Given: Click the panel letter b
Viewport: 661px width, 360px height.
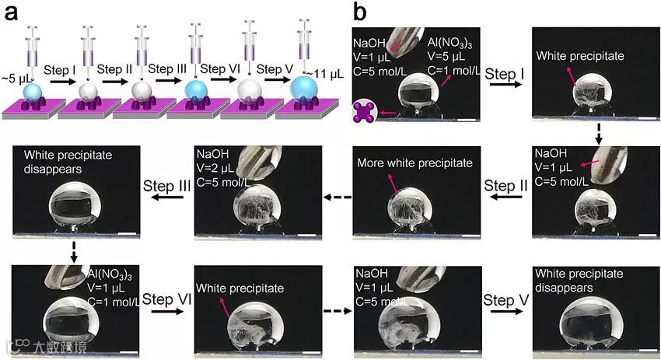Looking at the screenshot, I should coord(361,12).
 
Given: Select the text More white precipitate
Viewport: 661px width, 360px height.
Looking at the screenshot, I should coord(414,163).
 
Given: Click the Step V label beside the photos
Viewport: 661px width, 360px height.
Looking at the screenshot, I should coord(505,299).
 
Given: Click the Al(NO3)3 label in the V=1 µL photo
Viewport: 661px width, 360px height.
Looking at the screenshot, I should coord(114,274).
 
